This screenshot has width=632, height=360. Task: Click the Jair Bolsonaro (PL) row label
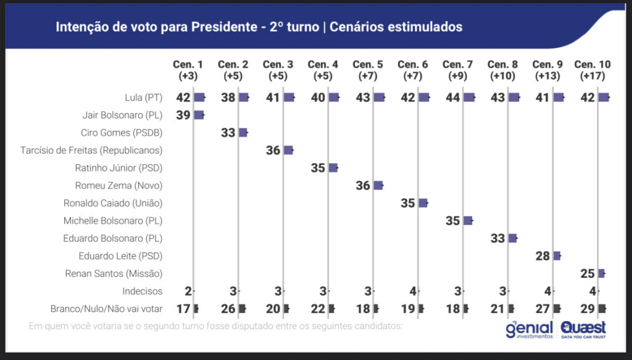122,115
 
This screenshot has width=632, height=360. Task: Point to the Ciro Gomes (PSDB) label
122,132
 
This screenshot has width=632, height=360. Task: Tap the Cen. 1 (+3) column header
188,70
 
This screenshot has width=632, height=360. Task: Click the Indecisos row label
141,291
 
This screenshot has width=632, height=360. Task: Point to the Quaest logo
584,330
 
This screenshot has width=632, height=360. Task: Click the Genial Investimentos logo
528,330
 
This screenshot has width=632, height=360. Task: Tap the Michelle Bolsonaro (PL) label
113,220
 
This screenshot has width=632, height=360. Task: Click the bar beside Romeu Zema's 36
378,185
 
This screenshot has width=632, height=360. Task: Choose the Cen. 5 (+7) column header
367,70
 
